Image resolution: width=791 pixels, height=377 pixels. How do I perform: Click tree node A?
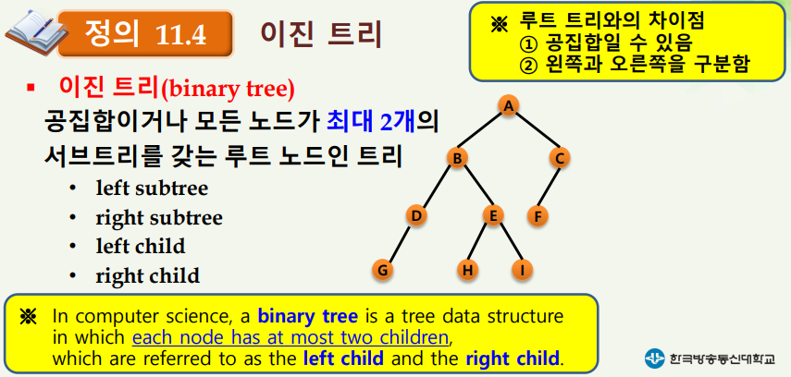(509, 105)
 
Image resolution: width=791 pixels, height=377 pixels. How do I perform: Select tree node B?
(457, 158)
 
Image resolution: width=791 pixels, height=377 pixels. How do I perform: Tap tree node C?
(560, 158)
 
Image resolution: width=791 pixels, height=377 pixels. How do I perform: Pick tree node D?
(416, 216)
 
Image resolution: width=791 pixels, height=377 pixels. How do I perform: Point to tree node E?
(493, 215)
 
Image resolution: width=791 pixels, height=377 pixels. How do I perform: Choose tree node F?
(538, 217)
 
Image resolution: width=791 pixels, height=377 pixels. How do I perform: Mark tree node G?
(382, 270)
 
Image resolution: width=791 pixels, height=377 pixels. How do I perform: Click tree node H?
(467, 270)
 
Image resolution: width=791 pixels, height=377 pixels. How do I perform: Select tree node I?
(522, 270)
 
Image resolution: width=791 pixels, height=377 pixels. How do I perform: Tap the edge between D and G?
(399, 243)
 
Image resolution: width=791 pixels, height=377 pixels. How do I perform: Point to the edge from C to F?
(549, 188)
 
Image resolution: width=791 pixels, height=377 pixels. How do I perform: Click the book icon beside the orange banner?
(31, 31)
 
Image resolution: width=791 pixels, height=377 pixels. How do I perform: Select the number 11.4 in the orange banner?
(180, 35)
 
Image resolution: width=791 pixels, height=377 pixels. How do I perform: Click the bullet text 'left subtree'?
(152, 188)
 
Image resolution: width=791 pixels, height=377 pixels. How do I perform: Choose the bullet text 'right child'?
(147, 275)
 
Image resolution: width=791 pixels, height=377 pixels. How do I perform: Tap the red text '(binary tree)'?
(227, 90)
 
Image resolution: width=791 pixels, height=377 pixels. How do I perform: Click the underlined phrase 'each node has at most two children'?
(290, 337)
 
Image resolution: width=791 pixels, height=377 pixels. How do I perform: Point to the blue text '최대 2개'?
(370, 123)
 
